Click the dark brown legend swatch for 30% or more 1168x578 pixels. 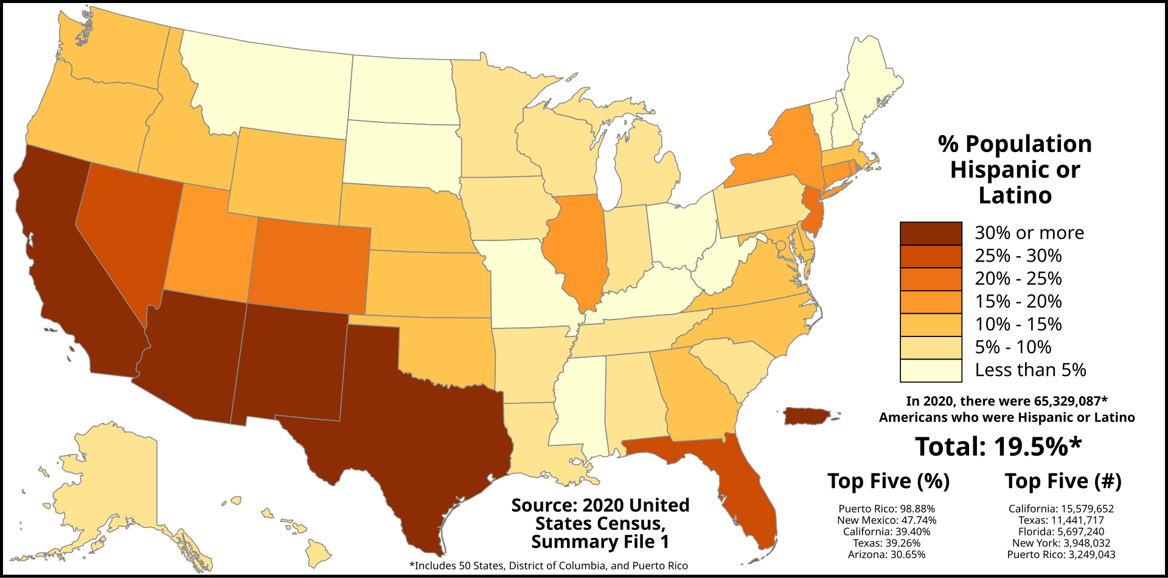931,233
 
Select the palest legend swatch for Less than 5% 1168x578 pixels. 931,371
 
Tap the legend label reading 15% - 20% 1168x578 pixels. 1018,301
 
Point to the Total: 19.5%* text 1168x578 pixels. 998,447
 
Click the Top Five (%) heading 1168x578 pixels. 888,481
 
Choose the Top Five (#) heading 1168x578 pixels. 1063,481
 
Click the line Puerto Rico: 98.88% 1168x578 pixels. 886,509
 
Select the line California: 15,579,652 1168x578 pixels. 1061,509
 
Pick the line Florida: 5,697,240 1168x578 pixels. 1061,532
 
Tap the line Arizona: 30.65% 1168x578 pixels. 886,555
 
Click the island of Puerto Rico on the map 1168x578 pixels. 806,417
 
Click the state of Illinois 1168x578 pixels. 578,249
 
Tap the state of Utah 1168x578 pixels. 207,243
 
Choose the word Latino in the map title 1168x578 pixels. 1015,195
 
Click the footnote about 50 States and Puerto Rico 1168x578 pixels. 549,566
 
